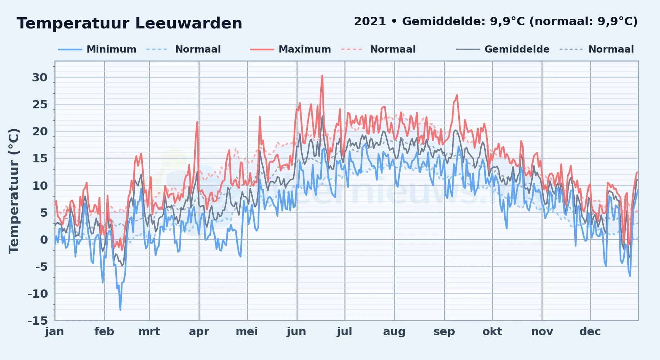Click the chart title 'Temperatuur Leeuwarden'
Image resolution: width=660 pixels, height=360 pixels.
tap(129, 23)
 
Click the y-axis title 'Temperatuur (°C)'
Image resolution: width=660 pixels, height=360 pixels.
tap(14, 191)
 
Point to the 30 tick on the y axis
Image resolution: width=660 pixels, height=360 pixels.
tap(40, 77)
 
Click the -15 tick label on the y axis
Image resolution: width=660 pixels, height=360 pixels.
tap(37, 320)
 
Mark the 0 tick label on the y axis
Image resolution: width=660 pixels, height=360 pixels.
tap(44, 239)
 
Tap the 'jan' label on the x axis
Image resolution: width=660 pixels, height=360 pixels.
tap(55, 332)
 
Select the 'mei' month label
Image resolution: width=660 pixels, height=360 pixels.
tap(247, 332)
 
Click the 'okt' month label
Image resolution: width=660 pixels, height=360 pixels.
tap(492, 332)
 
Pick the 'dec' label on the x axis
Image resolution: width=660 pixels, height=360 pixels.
tap(590, 332)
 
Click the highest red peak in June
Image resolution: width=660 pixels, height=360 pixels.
tap(322, 76)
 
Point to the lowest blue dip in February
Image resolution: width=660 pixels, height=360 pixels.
tap(120, 310)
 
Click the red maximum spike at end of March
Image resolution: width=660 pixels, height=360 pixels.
tap(197, 122)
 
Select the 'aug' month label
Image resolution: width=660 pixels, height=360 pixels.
tap(394, 332)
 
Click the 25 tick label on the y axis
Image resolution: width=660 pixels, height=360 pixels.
tap(40, 104)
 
